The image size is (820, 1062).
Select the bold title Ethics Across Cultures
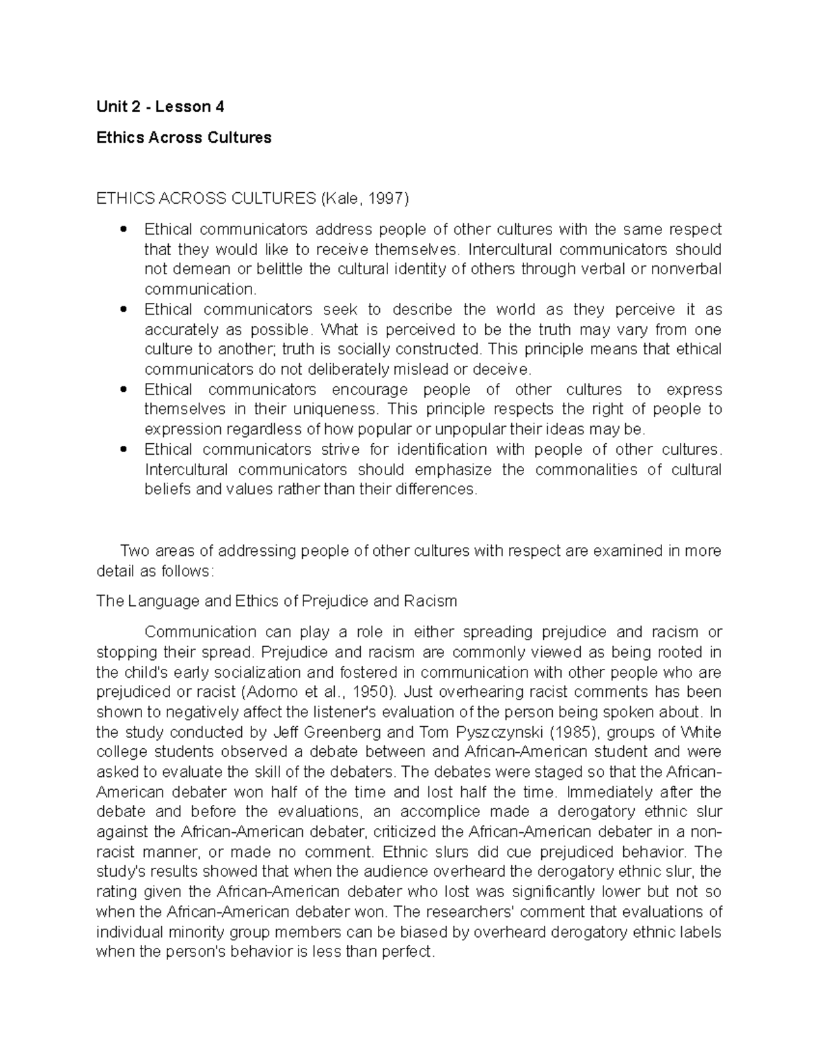click(x=184, y=137)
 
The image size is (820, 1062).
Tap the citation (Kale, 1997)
click(x=363, y=198)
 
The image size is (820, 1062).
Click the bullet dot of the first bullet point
click(x=123, y=229)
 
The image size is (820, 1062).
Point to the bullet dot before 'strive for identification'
click(x=123, y=450)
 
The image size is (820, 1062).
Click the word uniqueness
click(x=335, y=409)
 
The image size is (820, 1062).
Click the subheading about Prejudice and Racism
click(x=277, y=601)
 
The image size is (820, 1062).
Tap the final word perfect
click(x=409, y=951)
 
